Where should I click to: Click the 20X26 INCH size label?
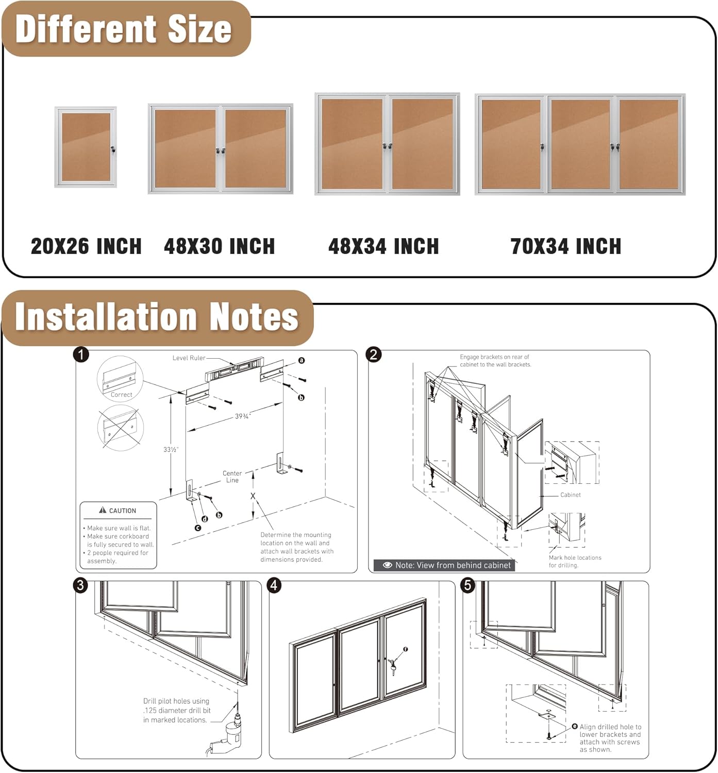coord(86,246)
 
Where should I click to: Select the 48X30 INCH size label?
coord(219,246)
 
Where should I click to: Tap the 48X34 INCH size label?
coord(383,246)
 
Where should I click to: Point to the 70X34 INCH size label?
coord(565,246)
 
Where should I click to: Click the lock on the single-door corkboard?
coord(113,149)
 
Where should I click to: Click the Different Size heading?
coord(124,29)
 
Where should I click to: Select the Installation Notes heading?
coord(157,316)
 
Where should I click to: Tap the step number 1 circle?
coord(81,355)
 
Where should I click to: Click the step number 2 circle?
coord(373,355)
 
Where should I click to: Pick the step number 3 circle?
coord(80,585)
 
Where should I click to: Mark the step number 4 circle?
coord(274,585)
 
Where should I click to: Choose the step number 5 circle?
coord(467,585)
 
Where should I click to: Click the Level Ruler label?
coord(189,358)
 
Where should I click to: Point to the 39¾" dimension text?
coord(243,416)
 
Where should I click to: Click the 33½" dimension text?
coord(171,449)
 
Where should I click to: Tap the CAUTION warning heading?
coord(118,511)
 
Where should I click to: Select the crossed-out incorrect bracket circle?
coord(120,427)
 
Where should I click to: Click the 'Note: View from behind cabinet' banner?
coord(446,565)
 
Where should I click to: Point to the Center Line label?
coord(232,477)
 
